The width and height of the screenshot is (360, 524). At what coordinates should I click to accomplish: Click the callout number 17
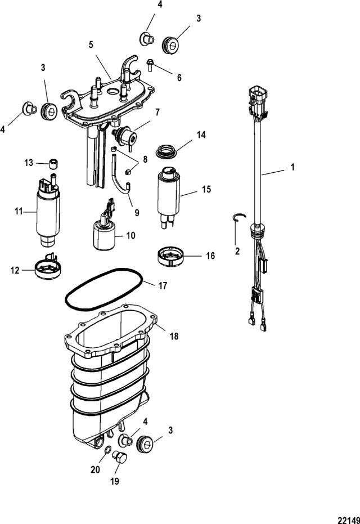click(x=163, y=286)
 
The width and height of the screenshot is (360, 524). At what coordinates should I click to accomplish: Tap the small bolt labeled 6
click(x=150, y=65)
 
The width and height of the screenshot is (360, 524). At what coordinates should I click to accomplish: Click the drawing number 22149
click(x=349, y=519)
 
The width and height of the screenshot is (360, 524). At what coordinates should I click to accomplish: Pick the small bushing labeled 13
click(x=53, y=164)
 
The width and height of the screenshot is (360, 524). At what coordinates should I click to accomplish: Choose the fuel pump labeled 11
click(x=48, y=211)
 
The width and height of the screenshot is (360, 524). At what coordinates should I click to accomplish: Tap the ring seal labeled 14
click(x=166, y=150)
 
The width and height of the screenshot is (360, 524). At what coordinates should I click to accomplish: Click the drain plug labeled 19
click(x=120, y=456)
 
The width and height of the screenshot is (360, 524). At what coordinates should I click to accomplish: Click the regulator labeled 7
click(x=125, y=136)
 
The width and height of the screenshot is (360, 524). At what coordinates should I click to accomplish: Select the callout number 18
click(x=174, y=336)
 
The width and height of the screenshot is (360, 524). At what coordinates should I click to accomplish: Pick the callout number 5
click(x=91, y=45)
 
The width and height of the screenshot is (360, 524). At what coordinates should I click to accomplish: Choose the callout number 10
click(x=130, y=236)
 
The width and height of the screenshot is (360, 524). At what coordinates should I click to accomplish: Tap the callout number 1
click(x=292, y=167)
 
